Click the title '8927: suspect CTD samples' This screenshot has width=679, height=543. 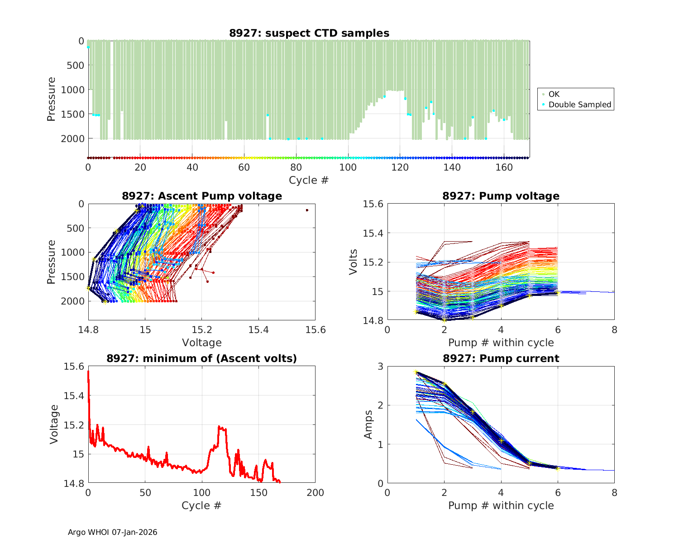coord(309,33)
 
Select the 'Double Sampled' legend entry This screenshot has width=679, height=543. coord(579,105)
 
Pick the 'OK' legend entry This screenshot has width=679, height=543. coord(554,94)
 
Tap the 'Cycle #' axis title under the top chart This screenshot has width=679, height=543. coord(309,180)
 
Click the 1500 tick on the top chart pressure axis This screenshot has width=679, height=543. coord(72,114)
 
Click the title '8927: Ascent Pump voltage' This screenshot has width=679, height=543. coord(202,196)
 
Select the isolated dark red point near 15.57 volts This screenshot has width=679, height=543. coord(307,210)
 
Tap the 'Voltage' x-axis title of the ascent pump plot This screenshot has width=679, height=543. coord(202,343)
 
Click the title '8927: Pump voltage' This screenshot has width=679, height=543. coord(501,196)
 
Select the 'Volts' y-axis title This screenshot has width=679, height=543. coord(354,262)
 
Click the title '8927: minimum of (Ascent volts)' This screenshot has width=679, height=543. coord(202,359)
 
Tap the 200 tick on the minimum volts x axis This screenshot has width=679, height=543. coord(316,493)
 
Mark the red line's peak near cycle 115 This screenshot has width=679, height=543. coord(219,426)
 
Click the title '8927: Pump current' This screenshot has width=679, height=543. coord(501,359)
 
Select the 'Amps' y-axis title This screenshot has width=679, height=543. coord(369,424)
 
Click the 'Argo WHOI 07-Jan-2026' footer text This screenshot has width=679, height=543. coord(113,532)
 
